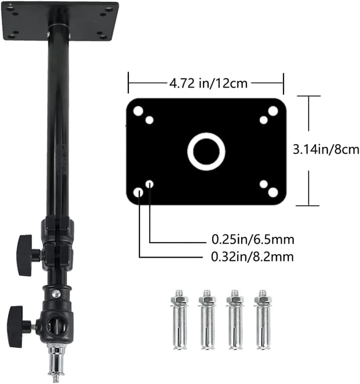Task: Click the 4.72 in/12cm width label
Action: click(208, 83)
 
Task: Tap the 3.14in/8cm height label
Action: click(326, 149)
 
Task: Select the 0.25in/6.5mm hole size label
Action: click(253, 240)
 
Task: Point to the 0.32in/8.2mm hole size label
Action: click(252, 257)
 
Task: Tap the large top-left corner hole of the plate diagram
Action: click(138, 111)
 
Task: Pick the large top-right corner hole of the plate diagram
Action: click(273, 111)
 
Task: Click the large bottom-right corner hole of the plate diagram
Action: click(273, 192)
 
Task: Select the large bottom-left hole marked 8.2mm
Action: click(138, 192)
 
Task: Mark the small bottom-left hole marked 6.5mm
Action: click(150, 184)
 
